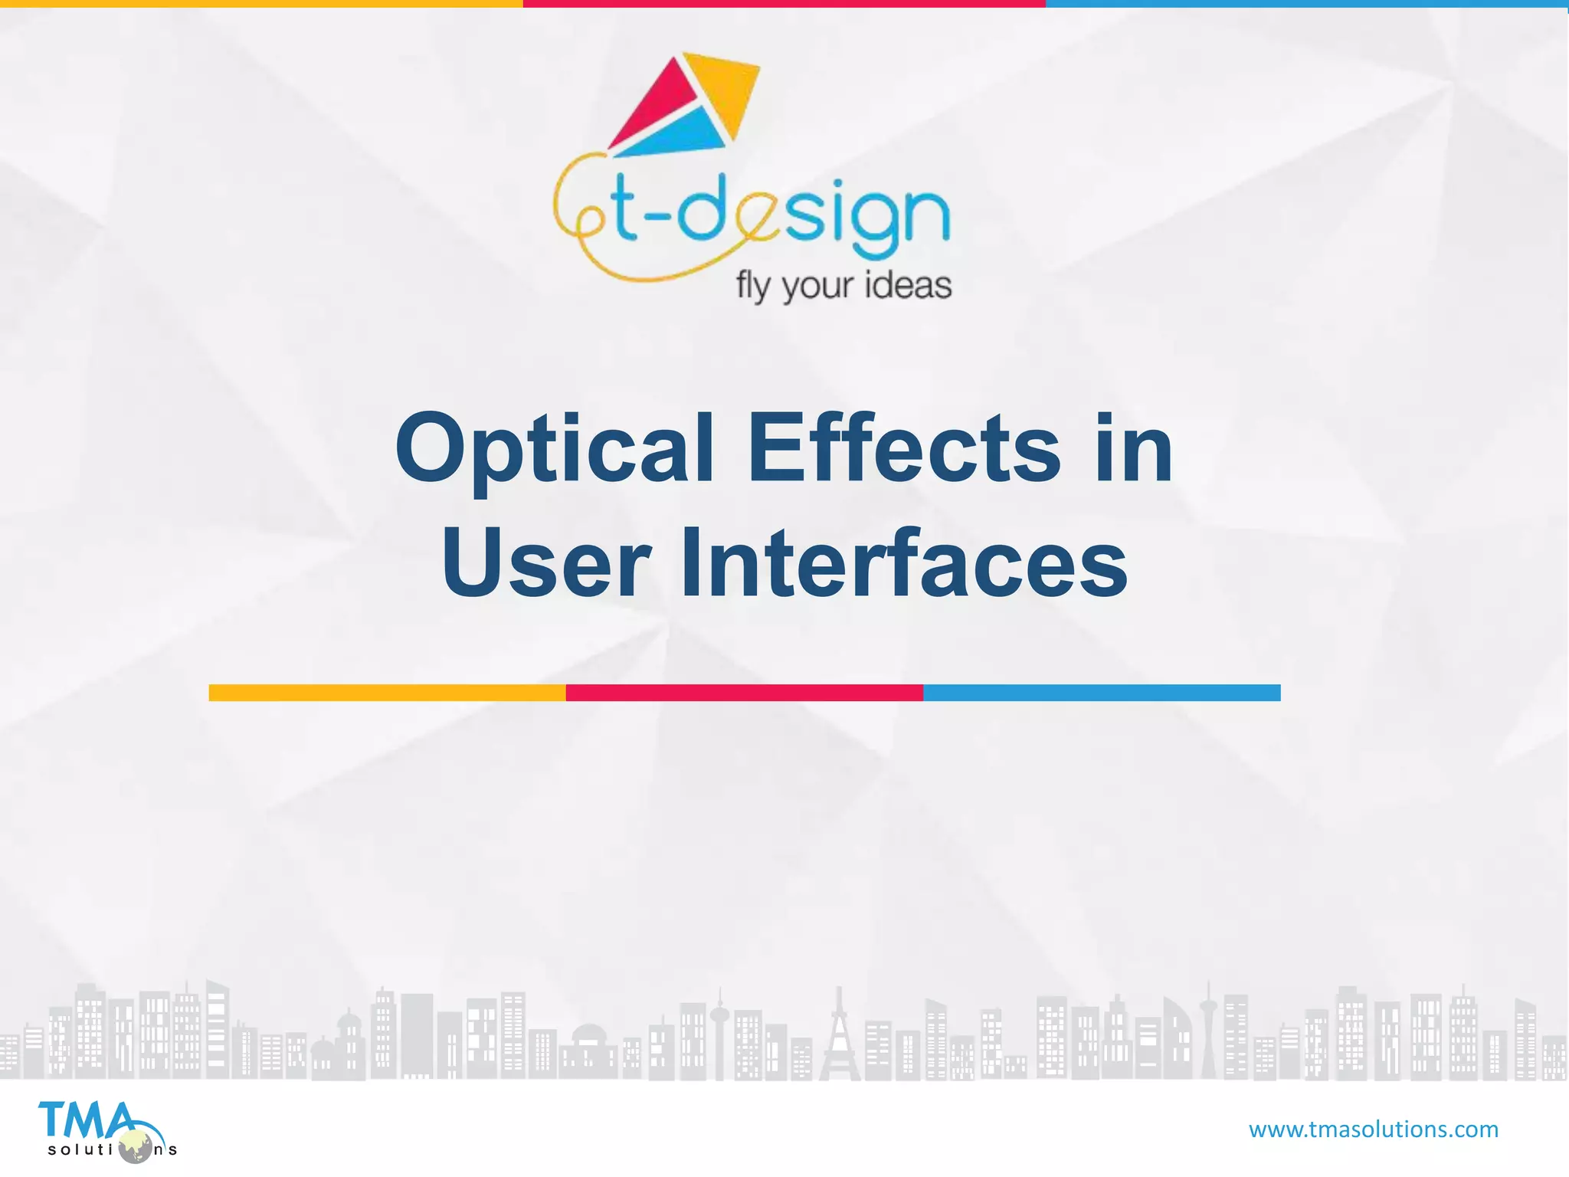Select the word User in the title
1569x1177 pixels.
(546, 563)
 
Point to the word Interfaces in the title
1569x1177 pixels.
(904, 563)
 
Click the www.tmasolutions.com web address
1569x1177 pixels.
(1373, 1129)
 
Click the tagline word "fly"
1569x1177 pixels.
(752, 287)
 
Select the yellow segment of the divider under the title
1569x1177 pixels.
(387, 693)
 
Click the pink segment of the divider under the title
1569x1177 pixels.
(744, 693)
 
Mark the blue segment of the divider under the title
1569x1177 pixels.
(1101, 693)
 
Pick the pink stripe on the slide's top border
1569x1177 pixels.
(784, 4)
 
